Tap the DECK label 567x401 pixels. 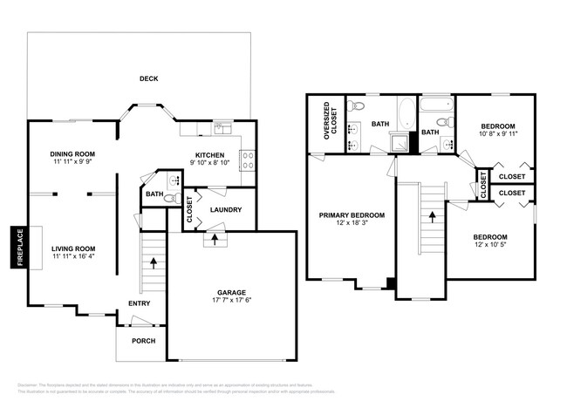pos(149,78)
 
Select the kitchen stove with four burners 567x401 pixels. pos(247,160)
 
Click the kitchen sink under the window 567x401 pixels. pos(222,128)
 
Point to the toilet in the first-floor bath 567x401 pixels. pos(172,180)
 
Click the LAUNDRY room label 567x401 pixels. pos(226,210)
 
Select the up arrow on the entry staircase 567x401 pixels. pos(154,261)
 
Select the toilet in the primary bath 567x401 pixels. pos(353,107)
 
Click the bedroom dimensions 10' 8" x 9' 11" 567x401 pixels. pos(498,134)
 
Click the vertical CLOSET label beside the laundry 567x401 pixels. pos(190,211)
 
